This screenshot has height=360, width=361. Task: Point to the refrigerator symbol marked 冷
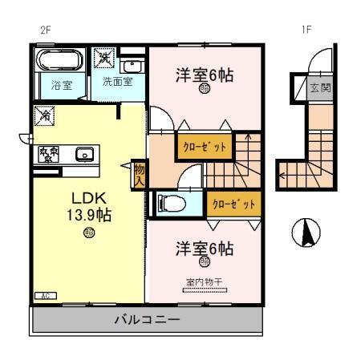point(44,117)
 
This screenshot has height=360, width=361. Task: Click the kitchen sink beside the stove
point(84,153)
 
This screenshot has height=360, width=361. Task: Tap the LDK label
point(87,198)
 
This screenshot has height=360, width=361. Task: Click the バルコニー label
point(146,319)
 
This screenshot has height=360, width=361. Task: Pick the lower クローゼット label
point(233,204)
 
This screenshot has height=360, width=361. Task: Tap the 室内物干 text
point(205,281)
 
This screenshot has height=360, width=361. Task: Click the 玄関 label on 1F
point(319,87)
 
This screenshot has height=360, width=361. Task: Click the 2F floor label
point(46,30)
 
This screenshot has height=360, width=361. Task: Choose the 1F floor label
point(306,30)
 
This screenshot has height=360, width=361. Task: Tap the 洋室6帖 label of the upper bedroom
point(205,76)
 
